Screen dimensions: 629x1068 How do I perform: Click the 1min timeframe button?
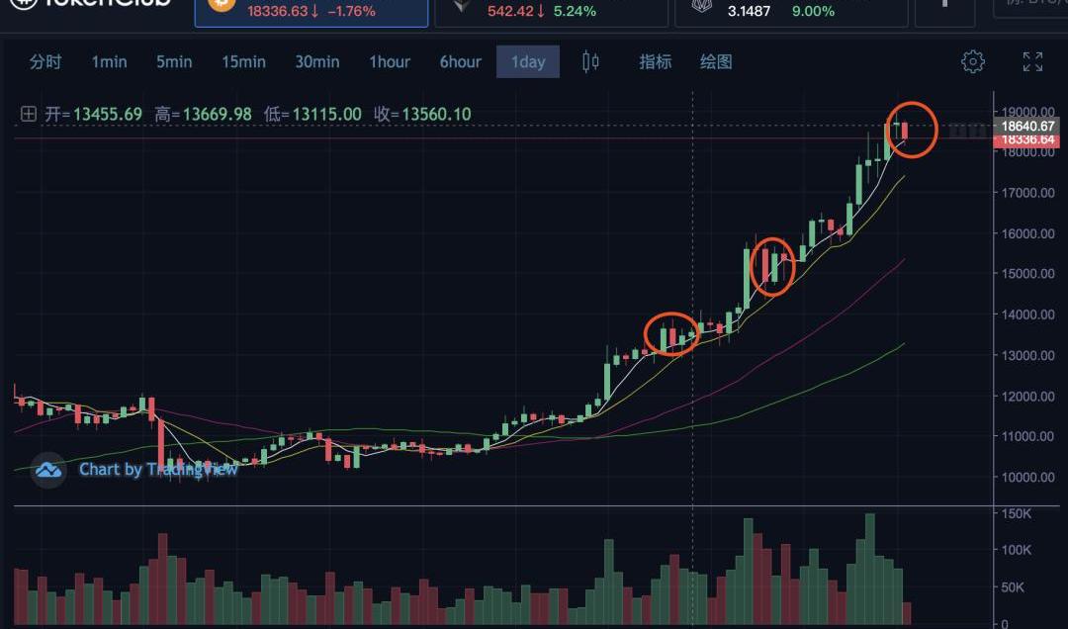coord(109,61)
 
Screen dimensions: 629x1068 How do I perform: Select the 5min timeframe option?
coord(174,61)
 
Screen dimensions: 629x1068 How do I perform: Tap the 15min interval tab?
coord(243,61)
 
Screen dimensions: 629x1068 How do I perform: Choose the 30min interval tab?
coord(316,61)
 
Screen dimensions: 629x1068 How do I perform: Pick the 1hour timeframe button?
coord(390,61)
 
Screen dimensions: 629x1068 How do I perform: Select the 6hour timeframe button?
coord(460,61)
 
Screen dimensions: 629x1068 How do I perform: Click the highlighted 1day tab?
coord(528,61)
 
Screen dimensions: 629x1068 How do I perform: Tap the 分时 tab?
coord(45,61)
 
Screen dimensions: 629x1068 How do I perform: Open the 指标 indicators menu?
coord(655,61)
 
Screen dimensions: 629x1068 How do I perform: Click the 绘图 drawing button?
coord(716,61)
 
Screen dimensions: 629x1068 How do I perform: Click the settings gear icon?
coord(973,61)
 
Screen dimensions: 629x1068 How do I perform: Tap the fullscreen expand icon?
coord(1032,61)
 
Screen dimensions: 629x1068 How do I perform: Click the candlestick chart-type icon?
coord(590,61)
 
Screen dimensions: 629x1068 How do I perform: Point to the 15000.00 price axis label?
coord(1026,274)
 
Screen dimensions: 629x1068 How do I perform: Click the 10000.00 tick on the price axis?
coord(1026,477)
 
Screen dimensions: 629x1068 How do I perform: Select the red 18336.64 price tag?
coord(1028,140)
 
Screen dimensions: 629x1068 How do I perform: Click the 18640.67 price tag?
coord(1028,127)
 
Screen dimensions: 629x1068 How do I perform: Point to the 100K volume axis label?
coord(1018,550)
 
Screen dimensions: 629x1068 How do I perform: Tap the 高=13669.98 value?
coord(204,114)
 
